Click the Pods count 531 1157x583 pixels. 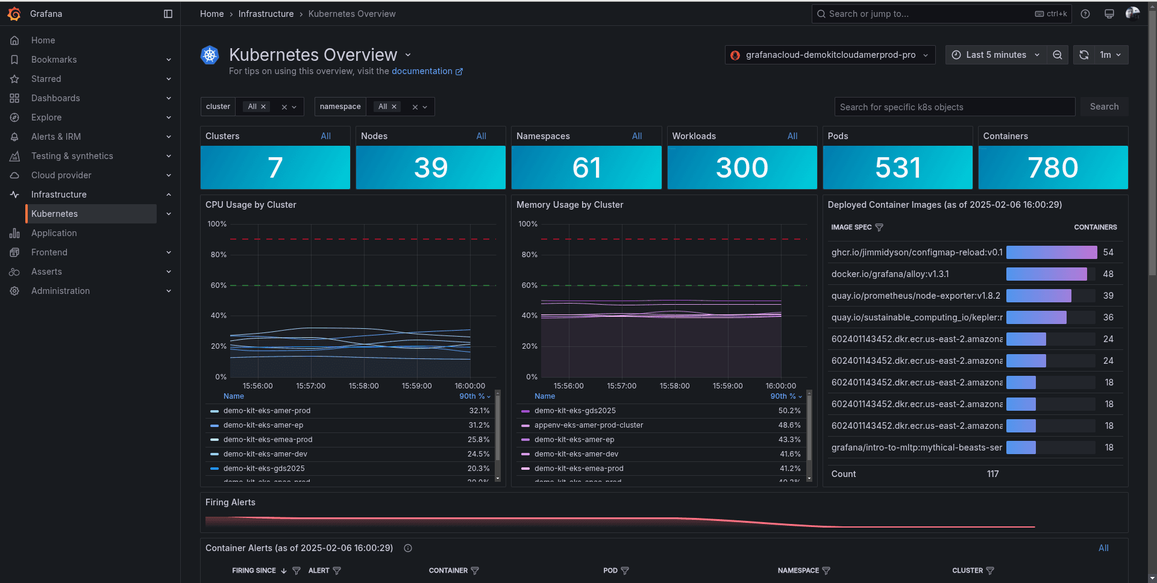[897, 167]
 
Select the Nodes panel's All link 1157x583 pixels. [481, 136]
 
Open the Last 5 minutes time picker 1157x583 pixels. [996, 55]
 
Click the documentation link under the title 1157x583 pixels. [422, 71]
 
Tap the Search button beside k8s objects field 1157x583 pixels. [1104, 107]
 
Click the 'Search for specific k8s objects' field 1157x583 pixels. [955, 107]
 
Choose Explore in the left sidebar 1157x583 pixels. [46, 117]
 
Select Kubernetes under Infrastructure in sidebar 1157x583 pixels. [54, 214]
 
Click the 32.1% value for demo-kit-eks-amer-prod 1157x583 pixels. [479, 411]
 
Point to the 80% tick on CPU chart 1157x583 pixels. [218, 255]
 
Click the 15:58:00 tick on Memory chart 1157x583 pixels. [674, 386]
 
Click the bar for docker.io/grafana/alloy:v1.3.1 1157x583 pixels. [1046, 274]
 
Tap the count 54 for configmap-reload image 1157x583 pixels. [1108, 252]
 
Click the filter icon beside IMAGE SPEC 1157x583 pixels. [879, 227]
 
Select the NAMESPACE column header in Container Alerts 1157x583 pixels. [798, 570]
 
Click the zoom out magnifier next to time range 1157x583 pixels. [1058, 55]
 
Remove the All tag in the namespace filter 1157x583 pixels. [394, 107]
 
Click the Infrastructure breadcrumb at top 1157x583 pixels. [266, 14]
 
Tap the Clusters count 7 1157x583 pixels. [275, 167]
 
